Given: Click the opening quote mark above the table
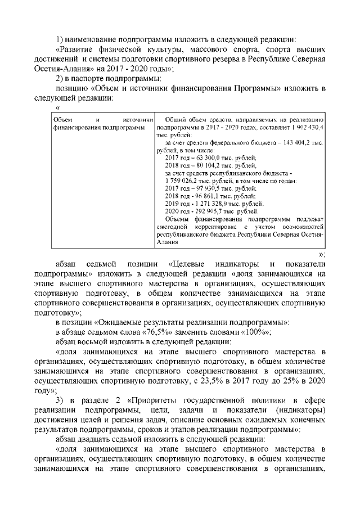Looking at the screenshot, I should point(58,107).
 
